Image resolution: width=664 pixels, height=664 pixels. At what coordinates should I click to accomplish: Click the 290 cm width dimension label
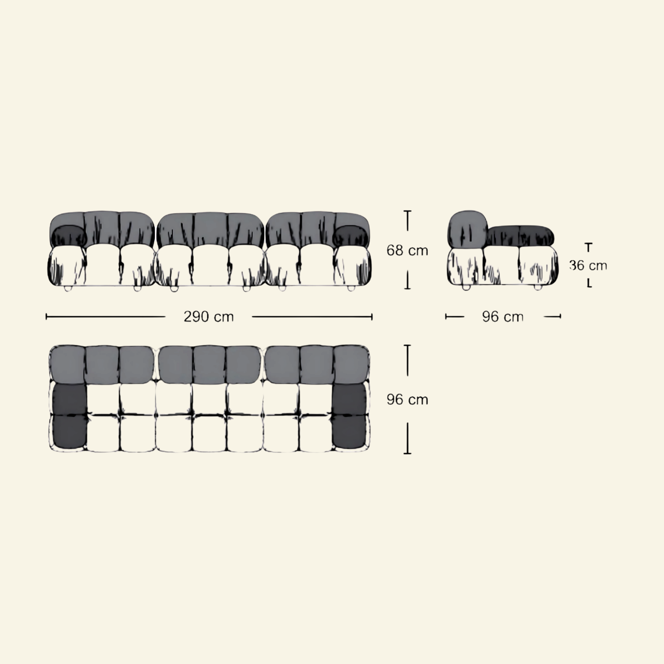click(x=209, y=317)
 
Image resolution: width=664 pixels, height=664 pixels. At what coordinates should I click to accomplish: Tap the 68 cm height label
click(x=407, y=251)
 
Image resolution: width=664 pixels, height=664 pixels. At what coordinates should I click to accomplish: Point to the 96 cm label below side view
click(x=503, y=317)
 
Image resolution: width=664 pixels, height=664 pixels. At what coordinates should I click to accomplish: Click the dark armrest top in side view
click(x=520, y=236)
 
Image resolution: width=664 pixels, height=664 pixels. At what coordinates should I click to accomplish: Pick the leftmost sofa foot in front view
click(x=67, y=288)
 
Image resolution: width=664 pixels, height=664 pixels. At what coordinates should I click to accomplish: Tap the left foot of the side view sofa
click(x=466, y=287)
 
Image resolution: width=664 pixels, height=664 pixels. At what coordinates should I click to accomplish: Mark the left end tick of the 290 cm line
click(x=46, y=317)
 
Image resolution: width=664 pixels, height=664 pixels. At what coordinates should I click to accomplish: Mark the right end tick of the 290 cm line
click(x=371, y=317)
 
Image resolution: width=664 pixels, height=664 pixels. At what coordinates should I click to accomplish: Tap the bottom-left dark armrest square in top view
click(x=69, y=431)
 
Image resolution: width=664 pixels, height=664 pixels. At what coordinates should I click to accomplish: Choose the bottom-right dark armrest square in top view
click(x=349, y=431)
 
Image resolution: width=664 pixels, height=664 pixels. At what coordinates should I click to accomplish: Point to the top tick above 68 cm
click(x=408, y=211)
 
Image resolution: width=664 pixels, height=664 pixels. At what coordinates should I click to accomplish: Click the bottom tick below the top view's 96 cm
click(x=408, y=453)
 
